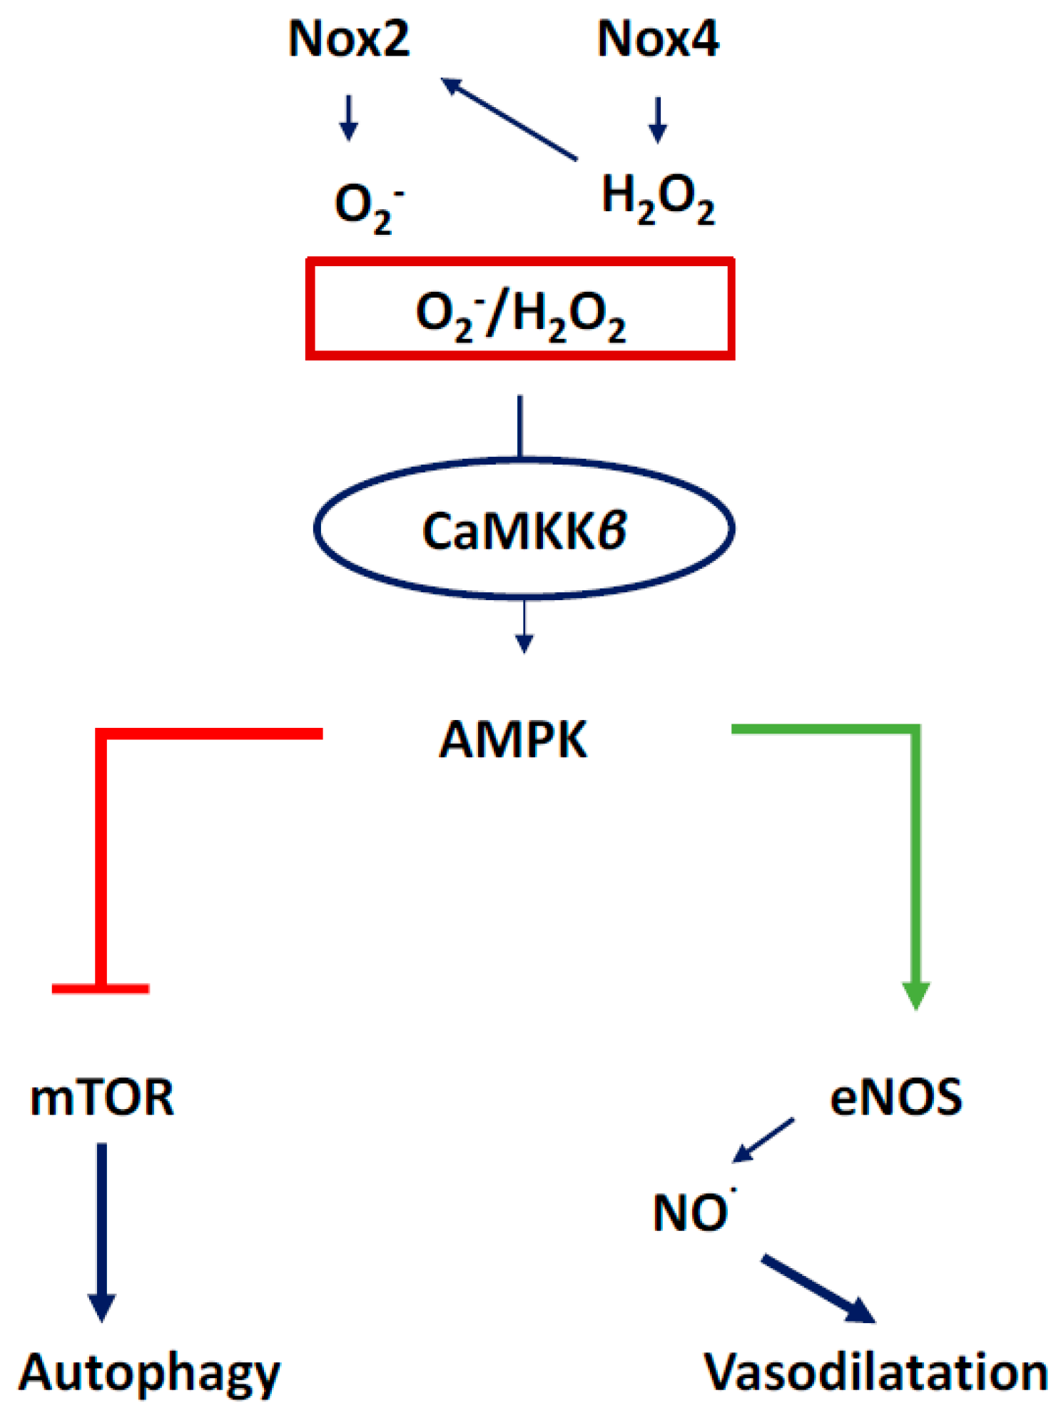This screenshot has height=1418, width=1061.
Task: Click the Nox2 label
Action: pyautogui.click(x=349, y=39)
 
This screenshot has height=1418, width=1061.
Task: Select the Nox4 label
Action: pyautogui.click(x=658, y=39)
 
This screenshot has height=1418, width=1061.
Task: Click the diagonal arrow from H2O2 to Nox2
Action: pyautogui.click(x=509, y=119)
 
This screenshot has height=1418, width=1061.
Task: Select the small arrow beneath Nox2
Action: pyautogui.click(x=348, y=118)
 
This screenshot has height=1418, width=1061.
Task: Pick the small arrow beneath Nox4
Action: pyautogui.click(x=658, y=120)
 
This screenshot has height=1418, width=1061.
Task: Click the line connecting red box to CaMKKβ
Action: pyautogui.click(x=520, y=426)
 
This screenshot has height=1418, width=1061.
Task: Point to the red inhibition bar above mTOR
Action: pyautogui.click(x=101, y=988)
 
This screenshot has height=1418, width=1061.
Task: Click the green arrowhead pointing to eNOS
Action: pyautogui.click(x=916, y=995)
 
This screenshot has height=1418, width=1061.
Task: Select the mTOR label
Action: pyautogui.click(x=102, y=1098)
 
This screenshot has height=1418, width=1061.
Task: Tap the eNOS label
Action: pyautogui.click(x=896, y=1098)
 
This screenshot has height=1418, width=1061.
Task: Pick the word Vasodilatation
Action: pyautogui.click(x=876, y=1372)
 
